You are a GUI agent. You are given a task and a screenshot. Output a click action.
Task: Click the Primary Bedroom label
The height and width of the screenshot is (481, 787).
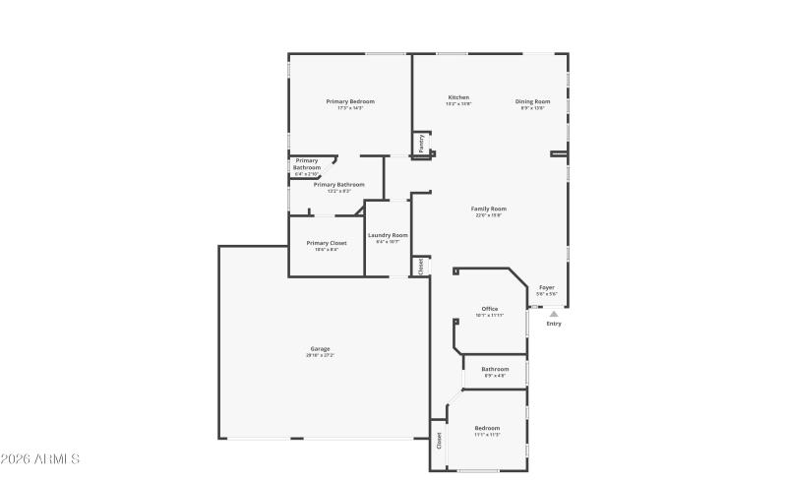coord(350,101)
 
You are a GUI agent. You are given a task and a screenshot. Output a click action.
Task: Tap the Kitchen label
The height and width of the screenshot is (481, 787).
coord(458,97)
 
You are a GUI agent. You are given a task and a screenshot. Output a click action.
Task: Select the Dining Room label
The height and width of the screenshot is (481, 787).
coord(532,101)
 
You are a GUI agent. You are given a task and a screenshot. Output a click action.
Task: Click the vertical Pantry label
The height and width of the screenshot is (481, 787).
coord(422,144)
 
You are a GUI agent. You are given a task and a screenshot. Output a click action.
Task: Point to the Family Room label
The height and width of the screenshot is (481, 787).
coord(489,209)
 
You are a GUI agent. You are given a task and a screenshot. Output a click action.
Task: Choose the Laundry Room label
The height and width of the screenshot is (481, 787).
coord(388,235)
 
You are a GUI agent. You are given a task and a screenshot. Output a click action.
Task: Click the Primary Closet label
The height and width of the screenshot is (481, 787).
coord(326,243)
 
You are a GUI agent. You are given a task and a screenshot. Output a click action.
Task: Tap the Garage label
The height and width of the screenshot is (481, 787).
coord(320,348)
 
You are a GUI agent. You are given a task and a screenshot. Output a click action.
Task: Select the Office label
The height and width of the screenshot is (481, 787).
coord(489,309)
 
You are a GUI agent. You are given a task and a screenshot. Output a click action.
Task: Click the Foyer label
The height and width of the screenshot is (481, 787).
coord(547,287)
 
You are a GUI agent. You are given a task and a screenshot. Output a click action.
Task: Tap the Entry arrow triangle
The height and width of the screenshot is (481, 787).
coord(554,313)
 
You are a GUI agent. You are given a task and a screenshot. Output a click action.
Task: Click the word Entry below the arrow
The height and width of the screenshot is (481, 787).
coord(554,324)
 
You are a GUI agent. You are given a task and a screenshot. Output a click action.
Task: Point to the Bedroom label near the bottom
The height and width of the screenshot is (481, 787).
coord(488,428)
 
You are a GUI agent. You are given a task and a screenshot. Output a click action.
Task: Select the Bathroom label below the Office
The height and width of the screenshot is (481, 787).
coord(495,369)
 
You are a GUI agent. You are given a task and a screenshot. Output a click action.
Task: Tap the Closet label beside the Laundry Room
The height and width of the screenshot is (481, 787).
coord(421,266)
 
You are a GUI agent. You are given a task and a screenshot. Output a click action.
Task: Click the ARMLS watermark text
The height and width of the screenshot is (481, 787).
coord(41,459)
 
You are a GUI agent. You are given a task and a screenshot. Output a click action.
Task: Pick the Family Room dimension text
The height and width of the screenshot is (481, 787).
coord(489,215)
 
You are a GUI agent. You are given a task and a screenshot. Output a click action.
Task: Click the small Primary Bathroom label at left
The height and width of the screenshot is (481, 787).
coord(307,164)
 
